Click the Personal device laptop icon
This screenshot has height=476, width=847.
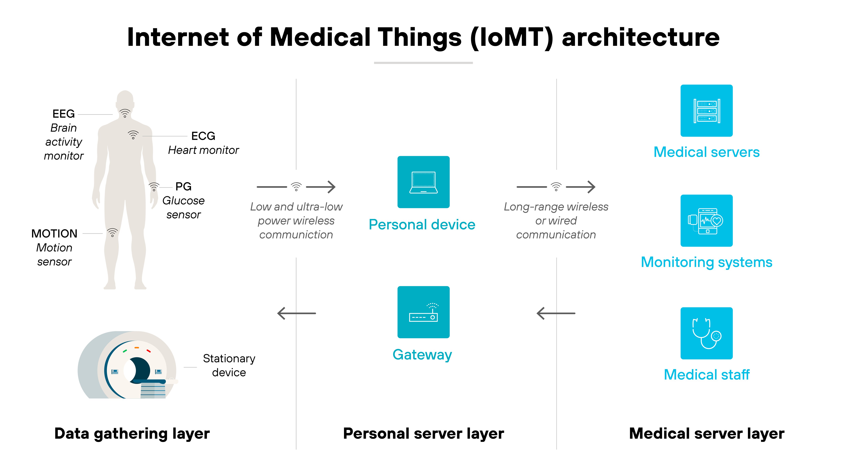tap(423, 182)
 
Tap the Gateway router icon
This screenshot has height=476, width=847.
tap(423, 312)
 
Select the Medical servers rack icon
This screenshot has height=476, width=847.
tap(706, 111)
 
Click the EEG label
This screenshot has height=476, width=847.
tap(64, 114)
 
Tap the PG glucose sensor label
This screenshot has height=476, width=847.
tap(183, 187)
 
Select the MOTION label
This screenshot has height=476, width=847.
tap(54, 234)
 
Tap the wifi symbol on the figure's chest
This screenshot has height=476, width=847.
tap(133, 135)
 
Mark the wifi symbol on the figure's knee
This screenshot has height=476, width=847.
tap(112, 233)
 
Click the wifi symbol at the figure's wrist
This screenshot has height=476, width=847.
tap(153, 187)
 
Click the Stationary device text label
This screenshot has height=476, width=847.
tap(229, 365)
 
